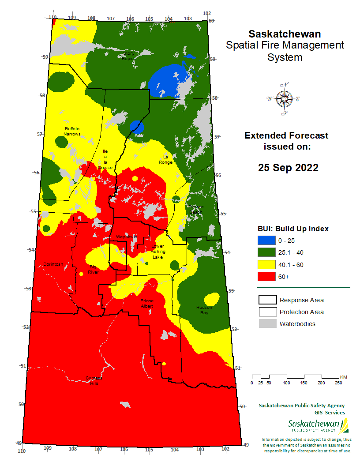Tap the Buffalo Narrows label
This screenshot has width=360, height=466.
coord(72,131)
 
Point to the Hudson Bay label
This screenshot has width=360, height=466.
coord(204,310)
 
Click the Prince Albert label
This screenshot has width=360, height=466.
coord(147,303)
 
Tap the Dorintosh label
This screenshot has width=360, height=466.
coord(53,264)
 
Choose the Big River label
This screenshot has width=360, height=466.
coord(94,269)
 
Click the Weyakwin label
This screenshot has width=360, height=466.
coord(127,237)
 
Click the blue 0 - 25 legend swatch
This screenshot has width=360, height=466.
coord(266,241)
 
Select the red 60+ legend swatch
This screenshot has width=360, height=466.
coord(266,276)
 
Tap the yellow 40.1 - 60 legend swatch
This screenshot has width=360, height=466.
coord(266,264)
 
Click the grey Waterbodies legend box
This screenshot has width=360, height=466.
coord(267,324)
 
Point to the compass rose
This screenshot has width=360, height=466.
coord(283,99)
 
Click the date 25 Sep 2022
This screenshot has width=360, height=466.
coord(288,168)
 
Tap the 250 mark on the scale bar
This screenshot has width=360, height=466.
coord(339,383)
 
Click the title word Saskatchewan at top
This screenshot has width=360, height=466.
coord(285,34)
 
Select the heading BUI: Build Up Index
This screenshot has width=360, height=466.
coord(293,229)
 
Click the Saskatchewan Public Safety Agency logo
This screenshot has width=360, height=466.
coord(316,425)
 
